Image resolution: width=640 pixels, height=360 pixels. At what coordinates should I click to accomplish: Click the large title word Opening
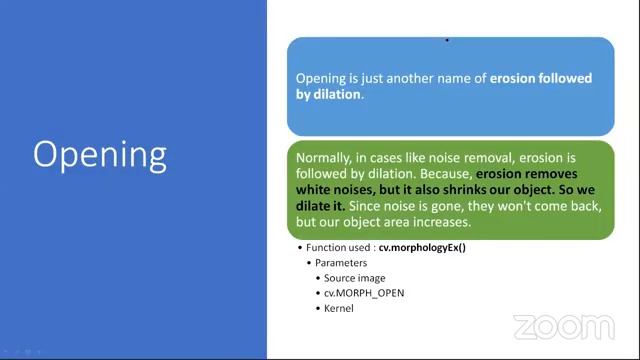100,155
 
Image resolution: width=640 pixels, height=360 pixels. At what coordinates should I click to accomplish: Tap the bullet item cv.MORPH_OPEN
364,293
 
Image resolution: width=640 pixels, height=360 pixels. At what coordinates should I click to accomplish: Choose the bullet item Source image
355,278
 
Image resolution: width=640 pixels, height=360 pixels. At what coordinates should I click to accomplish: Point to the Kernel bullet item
339,308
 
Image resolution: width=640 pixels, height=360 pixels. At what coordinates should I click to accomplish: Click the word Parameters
343,263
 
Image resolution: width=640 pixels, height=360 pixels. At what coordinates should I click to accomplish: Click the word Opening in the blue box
320,78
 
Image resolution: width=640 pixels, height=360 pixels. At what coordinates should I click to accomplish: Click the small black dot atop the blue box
446,40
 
